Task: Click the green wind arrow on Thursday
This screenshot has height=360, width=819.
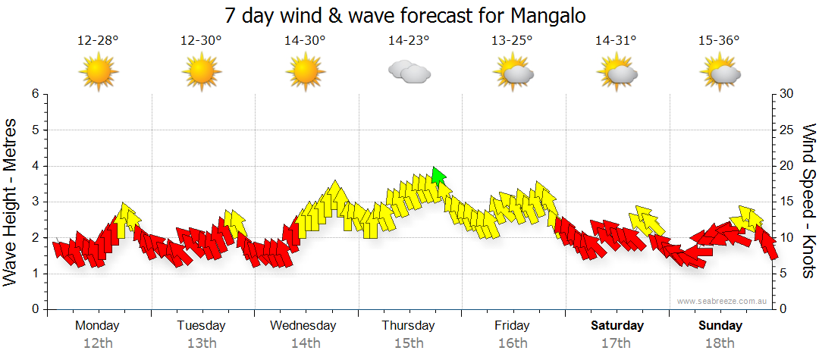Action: click(x=438, y=177)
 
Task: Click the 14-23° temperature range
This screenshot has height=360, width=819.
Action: click(x=409, y=41)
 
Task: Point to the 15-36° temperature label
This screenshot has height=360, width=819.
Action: click(x=719, y=41)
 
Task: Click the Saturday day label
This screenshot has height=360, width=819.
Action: click(x=617, y=326)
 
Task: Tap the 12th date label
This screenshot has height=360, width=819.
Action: click(x=99, y=343)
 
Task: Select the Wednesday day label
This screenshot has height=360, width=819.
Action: click(x=303, y=326)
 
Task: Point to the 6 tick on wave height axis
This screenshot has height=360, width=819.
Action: click(x=34, y=94)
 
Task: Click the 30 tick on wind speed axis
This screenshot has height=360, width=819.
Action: click(x=788, y=94)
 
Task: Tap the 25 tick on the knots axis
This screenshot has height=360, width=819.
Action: click(x=788, y=130)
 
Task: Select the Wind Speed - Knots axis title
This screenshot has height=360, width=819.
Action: click(x=808, y=202)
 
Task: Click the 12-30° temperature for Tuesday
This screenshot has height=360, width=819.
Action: click(x=201, y=41)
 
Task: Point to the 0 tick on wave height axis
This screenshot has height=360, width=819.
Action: click(x=34, y=309)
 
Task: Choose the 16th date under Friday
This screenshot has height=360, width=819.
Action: click(x=513, y=343)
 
